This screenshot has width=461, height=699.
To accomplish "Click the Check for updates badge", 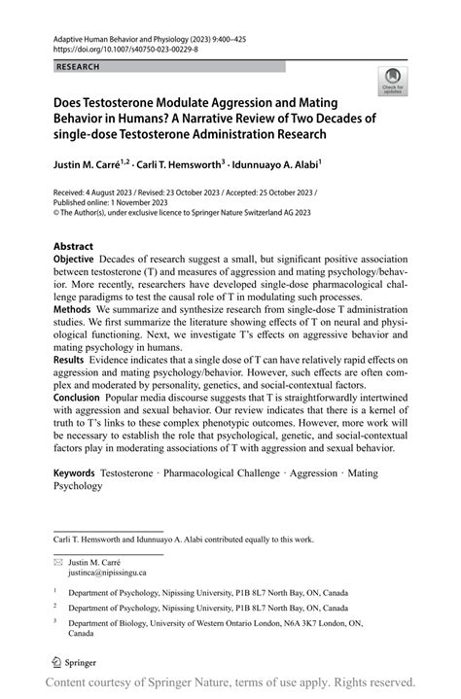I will click(393, 81).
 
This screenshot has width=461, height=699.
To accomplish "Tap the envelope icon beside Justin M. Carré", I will click(60, 561).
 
